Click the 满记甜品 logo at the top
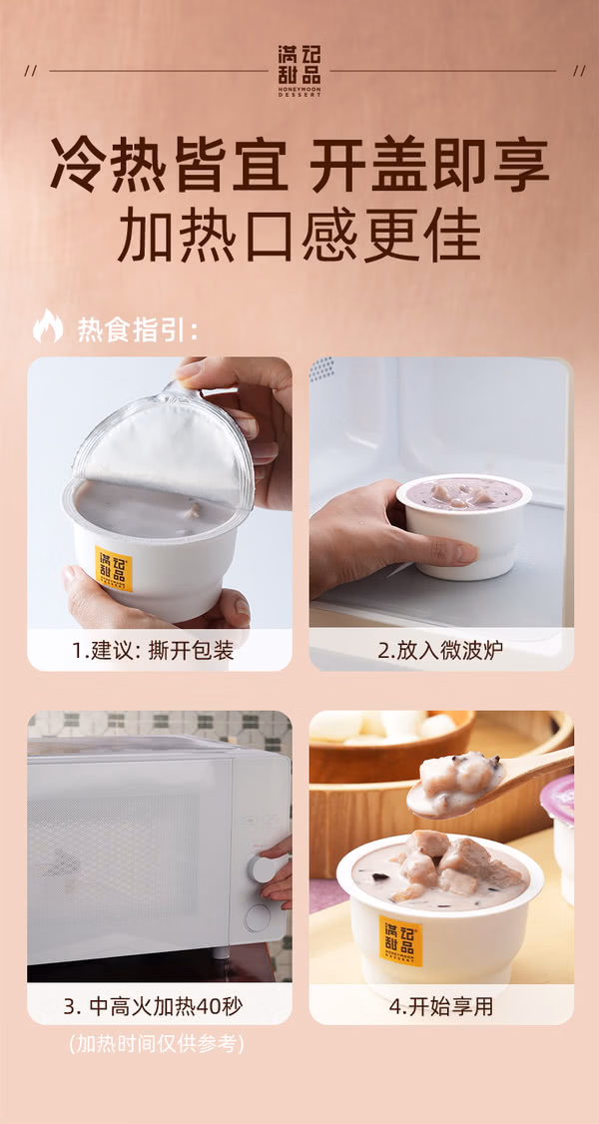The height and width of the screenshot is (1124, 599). [299, 71]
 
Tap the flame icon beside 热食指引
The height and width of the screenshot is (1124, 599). [48, 325]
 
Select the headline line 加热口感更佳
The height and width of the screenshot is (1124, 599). [299, 236]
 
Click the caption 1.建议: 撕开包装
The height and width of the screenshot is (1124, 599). [153, 650]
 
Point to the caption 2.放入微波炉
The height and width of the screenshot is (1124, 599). [440, 650]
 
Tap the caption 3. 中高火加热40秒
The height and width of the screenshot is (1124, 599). [154, 1006]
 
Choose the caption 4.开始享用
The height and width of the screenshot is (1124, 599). [441, 1006]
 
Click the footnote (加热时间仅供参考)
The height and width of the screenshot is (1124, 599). [156, 1044]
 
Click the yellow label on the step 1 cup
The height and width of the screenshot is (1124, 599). [114, 568]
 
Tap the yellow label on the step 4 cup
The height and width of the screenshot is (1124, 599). [400, 939]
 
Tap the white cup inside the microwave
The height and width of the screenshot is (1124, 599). [463, 525]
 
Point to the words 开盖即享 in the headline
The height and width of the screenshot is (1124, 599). [429, 165]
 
